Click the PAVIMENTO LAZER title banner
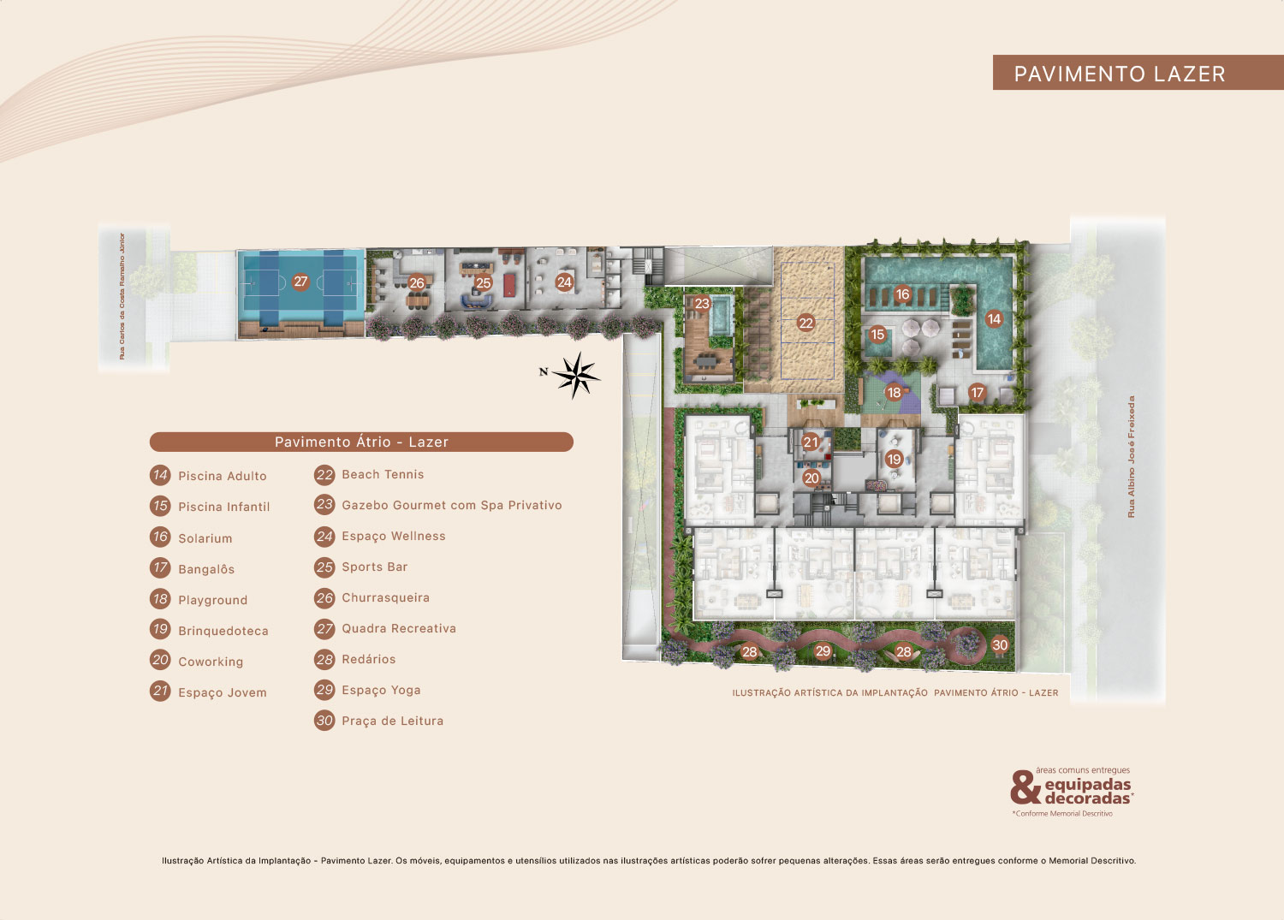1138,72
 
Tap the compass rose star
576,376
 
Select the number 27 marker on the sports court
300,282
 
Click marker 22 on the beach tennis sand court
805,323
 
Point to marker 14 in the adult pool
993,318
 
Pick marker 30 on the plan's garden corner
1000,645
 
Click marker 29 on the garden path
823,650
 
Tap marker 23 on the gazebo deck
702,303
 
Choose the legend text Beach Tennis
383,475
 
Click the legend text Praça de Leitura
393,721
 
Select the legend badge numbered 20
160,660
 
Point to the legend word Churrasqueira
386,597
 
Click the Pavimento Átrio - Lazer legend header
361,442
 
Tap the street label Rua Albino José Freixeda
1131,457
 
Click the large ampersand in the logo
1025,787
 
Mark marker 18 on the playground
894,393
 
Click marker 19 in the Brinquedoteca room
894,459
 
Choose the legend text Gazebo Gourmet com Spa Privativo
452,505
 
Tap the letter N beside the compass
544,371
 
